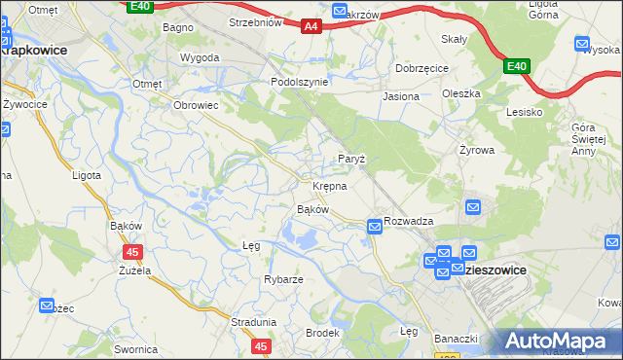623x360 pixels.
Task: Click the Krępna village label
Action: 330,186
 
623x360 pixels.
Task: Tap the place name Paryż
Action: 350,159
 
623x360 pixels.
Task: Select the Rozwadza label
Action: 408,221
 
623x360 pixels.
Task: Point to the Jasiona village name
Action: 401,97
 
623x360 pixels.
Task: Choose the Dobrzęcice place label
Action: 421,69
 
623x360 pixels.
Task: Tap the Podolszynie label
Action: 299,83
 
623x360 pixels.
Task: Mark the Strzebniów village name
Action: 255,21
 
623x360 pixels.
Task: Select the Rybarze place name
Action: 283,279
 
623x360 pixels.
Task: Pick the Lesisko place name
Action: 524,112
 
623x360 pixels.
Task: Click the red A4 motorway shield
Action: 311,27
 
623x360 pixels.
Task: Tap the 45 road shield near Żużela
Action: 133,252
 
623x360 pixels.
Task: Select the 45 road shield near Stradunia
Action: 260,345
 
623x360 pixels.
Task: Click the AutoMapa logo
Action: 558,341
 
